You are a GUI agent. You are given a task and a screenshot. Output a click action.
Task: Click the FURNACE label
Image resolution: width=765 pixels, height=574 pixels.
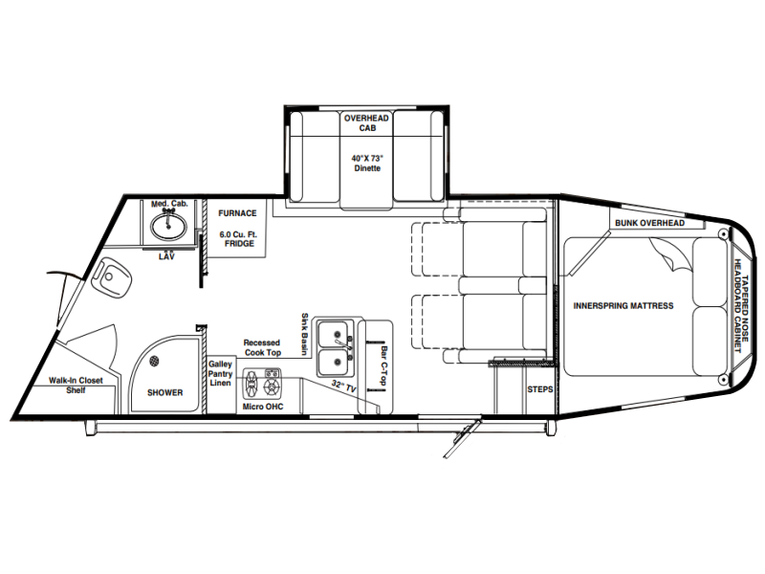[x=237, y=213]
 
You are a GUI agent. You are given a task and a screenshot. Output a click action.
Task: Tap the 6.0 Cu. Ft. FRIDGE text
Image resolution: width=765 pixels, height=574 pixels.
[x=238, y=238]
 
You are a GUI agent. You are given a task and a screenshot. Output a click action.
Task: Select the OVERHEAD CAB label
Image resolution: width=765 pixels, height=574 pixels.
[x=366, y=123]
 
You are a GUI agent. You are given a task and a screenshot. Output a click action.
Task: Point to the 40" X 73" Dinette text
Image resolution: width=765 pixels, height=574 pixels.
[x=367, y=163]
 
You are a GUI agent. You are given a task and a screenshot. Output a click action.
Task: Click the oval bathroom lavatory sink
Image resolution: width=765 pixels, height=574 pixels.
[x=168, y=226]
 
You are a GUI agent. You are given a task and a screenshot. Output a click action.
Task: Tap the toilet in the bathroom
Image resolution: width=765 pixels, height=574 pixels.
[x=111, y=276]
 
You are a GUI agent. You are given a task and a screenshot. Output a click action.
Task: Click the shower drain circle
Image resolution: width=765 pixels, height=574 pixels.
[x=154, y=362]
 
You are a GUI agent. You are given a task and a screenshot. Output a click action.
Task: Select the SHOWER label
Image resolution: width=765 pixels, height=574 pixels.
[x=164, y=392]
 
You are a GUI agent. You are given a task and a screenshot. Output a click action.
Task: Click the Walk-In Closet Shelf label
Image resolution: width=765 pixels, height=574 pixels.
[x=76, y=386]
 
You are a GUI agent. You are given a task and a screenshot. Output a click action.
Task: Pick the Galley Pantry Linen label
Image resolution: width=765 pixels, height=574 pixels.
[x=220, y=373]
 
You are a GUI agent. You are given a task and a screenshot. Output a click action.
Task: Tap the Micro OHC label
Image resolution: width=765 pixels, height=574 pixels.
[x=263, y=407]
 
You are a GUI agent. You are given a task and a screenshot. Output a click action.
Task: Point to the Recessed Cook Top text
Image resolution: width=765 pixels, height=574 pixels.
[x=262, y=347]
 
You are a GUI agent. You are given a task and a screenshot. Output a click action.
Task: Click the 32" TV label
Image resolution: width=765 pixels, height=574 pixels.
[x=343, y=386]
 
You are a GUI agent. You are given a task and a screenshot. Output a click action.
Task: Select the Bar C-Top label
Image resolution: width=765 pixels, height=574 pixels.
[x=384, y=366]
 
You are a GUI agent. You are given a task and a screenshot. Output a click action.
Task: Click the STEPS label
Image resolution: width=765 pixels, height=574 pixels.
[x=540, y=389]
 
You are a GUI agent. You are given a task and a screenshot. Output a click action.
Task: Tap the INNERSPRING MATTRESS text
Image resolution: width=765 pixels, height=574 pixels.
[x=623, y=306]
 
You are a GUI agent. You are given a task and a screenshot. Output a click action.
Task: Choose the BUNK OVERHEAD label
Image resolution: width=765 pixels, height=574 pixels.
[x=649, y=223]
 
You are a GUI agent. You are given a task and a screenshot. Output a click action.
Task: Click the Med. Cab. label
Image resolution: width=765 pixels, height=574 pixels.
[x=169, y=204]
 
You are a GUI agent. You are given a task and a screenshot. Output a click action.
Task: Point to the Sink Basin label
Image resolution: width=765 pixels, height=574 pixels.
[x=305, y=334]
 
